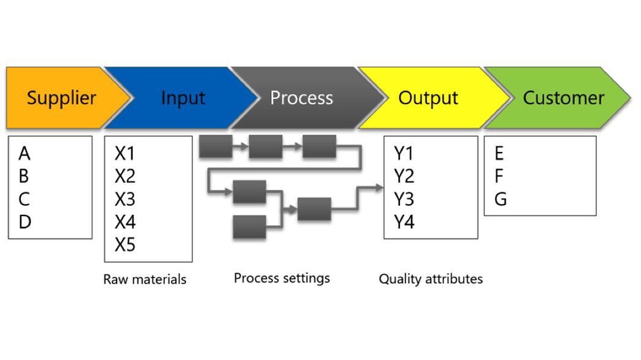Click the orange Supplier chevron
[61, 98]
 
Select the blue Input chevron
[183, 98]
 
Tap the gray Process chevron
[302, 98]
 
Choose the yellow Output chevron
[428, 98]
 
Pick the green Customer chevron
[563, 98]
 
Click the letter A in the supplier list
[24, 153]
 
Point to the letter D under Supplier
[24, 222]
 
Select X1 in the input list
[125, 153]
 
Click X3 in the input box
[125, 200]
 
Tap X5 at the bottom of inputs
[125, 245]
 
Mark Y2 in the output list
[404, 176]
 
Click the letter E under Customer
[499, 153]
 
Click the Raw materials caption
[145, 279]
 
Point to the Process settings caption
[281, 278]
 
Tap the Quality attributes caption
[430, 279]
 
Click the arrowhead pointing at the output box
[378, 188]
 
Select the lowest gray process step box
[250, 227]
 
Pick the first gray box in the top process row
[215, 146]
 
